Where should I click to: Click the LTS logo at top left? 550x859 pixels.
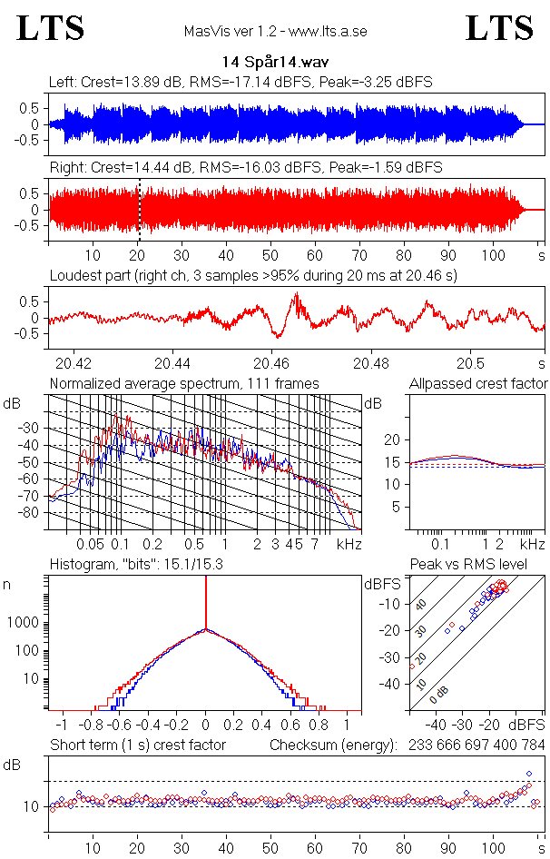pyautogui.click(x=51, y=28)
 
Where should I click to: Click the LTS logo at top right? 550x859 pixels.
pyautogui.click(x=499, y=28)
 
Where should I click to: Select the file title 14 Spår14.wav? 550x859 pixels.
pyautogui.click(x=275, y=62)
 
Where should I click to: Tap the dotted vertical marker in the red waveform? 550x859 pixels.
pyautogui.click(x=139, y=210)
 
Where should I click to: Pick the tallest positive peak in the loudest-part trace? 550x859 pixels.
pyautogui.click(x=297, y=293)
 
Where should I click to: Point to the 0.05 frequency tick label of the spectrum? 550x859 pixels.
pyautogui.click(x=90, y=544)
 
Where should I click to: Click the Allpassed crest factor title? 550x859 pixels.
pyautogui.click(x=478, y=383)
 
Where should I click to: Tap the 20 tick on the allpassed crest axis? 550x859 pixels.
pyautogui.click(x=392, y=439)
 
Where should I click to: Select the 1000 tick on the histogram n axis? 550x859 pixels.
pyautogui.click(x=23, y=622)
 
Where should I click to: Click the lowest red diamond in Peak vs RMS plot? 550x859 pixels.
pyautogui.click(x=412, y=666)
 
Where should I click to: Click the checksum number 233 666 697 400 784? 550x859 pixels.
pyautogui.click(x=476, y=745)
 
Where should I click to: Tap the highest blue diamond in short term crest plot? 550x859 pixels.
pyautogui.click(x=529, y=774)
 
